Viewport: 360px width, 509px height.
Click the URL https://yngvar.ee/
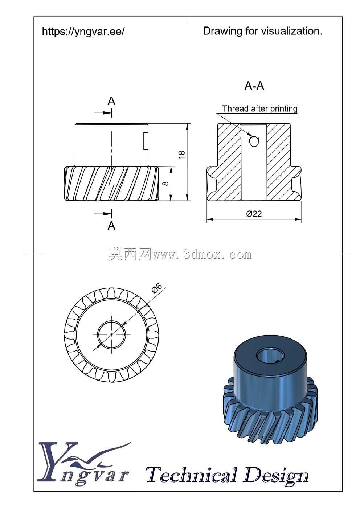click(x=83, y=32)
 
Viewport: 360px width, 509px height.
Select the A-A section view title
click(x=254, y=86)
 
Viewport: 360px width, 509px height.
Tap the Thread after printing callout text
click(x=260, y=108)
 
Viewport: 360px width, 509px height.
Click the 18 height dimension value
click(x=182, y=155)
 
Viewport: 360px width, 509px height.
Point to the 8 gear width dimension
click(x=166, y=183)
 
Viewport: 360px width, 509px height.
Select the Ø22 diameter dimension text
click(x=254, y=214)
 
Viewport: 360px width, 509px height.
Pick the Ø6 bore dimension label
click(x=156, y=288)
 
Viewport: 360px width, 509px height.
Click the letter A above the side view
click(x=111, y=101)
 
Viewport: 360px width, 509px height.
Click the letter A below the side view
click(x=111, y=226)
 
